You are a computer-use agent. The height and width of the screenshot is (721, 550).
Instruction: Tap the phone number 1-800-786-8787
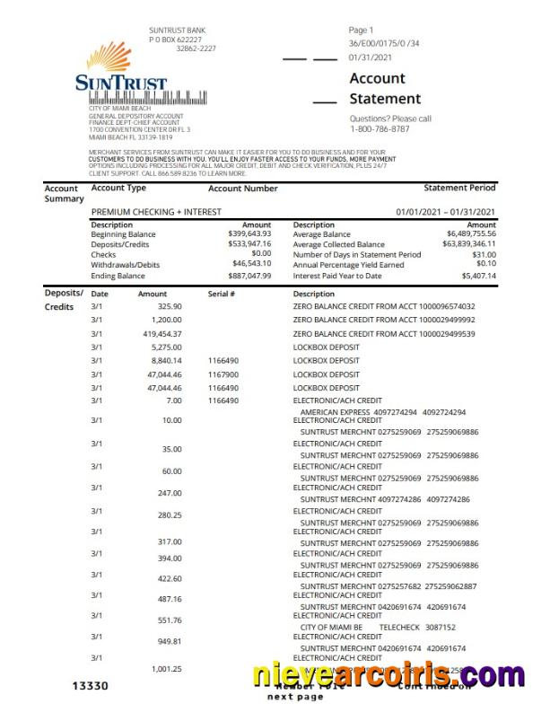(380, 129)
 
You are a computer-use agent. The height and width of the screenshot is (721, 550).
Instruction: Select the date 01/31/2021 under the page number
(371, 57)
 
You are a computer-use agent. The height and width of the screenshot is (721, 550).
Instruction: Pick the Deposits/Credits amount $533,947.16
(249, 244)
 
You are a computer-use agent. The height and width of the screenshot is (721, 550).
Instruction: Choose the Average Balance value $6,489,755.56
(471, 234)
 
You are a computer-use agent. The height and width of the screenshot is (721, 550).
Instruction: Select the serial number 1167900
(223, 374)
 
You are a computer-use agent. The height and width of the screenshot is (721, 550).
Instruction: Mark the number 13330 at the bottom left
(90, 687)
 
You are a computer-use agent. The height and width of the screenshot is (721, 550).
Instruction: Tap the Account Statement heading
(384, 89)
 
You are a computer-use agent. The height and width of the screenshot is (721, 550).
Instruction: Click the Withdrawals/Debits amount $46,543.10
(251, 265)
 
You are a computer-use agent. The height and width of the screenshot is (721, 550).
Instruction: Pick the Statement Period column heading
(459, 189)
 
